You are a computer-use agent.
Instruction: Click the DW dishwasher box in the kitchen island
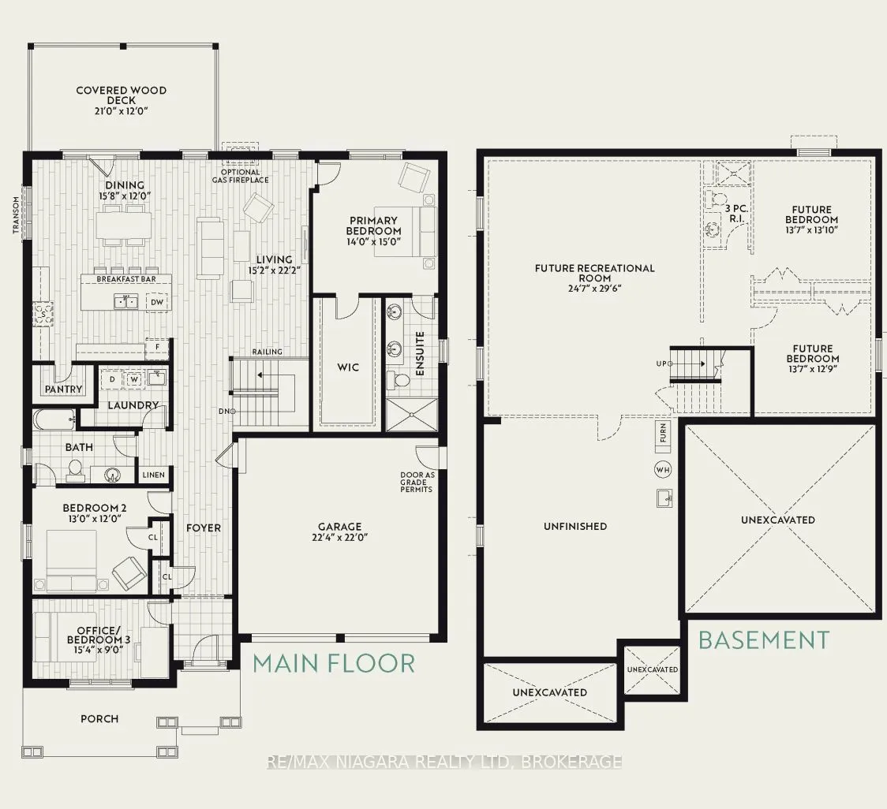pos(157,303)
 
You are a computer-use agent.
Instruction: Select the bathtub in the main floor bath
pos(53,419)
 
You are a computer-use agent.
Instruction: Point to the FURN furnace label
pos(663,433)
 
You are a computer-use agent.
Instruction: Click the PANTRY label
pos(63,389)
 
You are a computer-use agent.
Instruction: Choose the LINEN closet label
pos(153,475)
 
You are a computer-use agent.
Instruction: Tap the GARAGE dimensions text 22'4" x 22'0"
pos(339,537)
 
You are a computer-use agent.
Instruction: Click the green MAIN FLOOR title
pos(334,664)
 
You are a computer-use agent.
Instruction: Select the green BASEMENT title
pos(764,640)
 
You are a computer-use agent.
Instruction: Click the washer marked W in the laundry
pos(134,379)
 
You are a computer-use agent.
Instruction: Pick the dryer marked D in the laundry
pos(113,379)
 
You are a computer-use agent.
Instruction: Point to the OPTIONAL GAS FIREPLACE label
pos(241,176)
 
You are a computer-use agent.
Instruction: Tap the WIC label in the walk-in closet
pos(348,367)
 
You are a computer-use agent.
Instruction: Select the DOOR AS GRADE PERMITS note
pos(417,483)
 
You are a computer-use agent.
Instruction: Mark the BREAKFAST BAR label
pos(125,279)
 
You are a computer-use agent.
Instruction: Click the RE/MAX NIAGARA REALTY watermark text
pos(444,762)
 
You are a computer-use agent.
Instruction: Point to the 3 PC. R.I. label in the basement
pos(736,213)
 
